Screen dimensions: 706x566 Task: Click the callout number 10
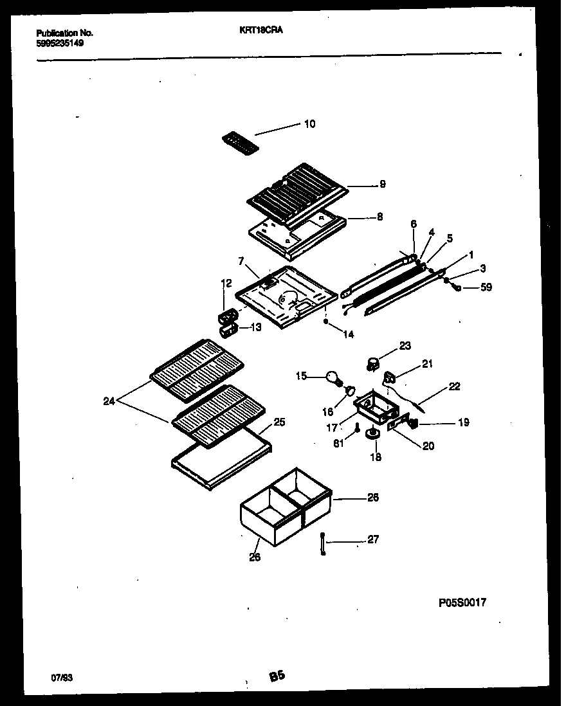[x=309, y=124]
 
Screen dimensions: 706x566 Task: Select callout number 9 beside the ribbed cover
[x=382, y=185]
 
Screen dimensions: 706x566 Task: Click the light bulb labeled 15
[x=334, y=377]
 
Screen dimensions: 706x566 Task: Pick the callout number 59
[x=486, y=287]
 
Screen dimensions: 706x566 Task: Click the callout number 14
[x=349, y=334]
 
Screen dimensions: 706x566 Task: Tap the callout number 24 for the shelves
[x=109, y=402]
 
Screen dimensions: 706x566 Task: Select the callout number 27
[x=373, y=540]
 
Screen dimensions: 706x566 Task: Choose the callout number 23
[x=404, y=345]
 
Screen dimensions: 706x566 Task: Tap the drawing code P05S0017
[x=462, y=602]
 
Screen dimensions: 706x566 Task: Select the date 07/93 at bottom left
[x=59, y=678]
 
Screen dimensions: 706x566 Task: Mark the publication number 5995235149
[x=60, y=43]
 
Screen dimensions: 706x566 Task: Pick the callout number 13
[x=256, y=327]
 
